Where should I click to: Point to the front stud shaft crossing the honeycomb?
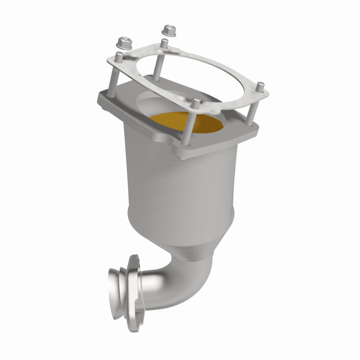coord(197,124)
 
